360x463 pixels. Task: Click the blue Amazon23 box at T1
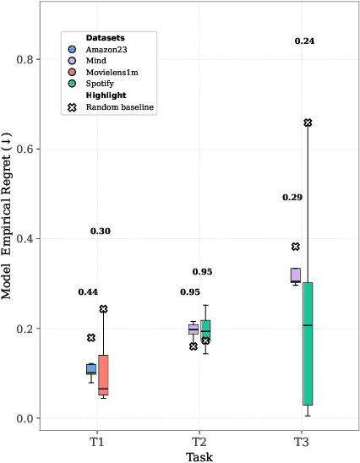click(91, 368)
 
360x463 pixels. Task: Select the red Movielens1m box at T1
click(103, 374)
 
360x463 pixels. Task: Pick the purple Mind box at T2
click(194, 330)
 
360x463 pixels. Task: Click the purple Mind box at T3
click(296, 275)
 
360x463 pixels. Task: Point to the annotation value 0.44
click(88, 292)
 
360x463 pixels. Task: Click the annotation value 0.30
click(101, 231)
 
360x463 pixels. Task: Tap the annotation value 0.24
click(304, 41)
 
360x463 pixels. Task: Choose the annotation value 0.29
click(292, 197)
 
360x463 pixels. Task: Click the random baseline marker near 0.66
click(308, 123)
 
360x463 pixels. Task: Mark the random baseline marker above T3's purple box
click(296, 247)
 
